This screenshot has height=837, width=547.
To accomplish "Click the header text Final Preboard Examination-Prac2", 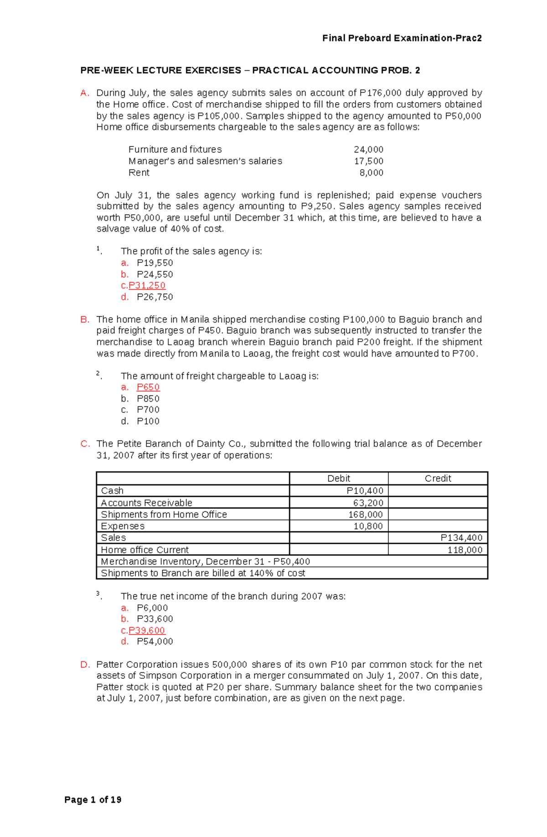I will [x=402, y=38].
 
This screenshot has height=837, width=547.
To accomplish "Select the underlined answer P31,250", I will [x=147, y=286].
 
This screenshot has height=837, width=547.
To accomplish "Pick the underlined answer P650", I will [x=148, y=387].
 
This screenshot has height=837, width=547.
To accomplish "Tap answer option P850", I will [x=148, y=399].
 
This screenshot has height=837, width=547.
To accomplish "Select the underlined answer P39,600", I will [x=147, y=630].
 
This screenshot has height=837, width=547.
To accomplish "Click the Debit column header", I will [x=339, y=478].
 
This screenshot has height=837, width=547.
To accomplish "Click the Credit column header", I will [x=438, y=478].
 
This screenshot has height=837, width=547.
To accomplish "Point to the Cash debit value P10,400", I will [x=365, y=491].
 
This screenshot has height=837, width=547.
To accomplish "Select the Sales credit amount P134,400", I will [x=461, y=538].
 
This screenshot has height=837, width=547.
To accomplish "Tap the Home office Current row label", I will [x=144, y=550].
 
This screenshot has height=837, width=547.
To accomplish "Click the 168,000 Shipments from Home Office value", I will [x=368, y=515].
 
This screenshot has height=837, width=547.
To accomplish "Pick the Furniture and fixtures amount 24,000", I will [x=368, y=150].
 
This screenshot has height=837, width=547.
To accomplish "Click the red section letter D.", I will [x=85, y=665].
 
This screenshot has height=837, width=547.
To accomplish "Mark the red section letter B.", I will [x=85, y=320].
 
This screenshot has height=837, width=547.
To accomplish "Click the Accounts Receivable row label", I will [x=146, y=503].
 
